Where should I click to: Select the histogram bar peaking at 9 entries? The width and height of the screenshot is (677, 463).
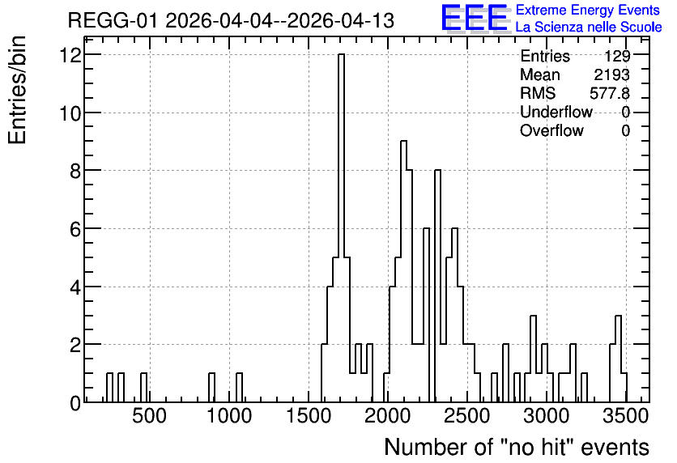[x=404, y=271]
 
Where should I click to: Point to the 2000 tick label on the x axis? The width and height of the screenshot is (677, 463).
[x=387, y=417]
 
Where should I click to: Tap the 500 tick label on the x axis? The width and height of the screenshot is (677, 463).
[x=149, y=417]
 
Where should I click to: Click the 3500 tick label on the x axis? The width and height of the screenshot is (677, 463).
[x=626, y=417]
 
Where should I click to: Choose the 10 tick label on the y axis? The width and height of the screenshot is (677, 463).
[x=70, y=113]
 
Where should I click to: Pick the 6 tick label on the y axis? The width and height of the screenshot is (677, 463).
[x=76, y=229]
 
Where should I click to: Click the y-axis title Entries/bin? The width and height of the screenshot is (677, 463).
[x=18, y=91]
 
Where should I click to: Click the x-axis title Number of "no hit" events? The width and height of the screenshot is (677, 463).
[x=517, y=447]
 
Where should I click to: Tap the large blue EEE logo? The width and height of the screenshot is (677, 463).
[x=475, y=19]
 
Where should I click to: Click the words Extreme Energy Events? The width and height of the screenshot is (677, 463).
[x=588, y=10]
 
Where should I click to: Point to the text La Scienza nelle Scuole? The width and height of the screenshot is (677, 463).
[x=589, y=27]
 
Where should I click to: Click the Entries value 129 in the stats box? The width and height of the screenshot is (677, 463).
[x=617, y=56]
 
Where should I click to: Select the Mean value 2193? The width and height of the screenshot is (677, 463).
[x=611, y=74]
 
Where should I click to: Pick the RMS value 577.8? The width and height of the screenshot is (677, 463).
[x=610, y=93]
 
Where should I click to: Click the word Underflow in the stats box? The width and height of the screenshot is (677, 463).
[x=556, y=112]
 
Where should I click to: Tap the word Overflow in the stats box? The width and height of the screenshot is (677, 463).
[x=551, y=130]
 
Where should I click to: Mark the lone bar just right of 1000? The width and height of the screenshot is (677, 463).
[x=239, y=388]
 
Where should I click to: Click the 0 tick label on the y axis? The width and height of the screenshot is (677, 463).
[x=76, y=403]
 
